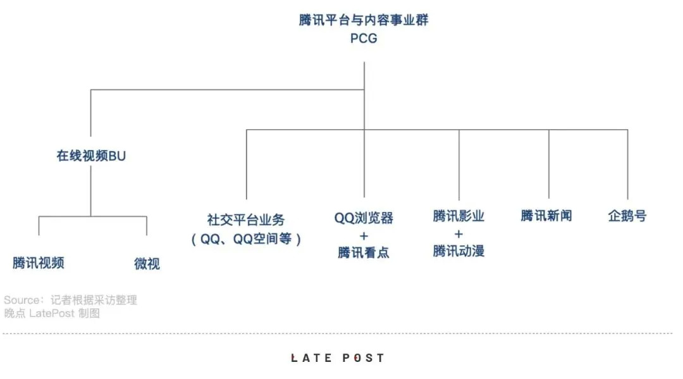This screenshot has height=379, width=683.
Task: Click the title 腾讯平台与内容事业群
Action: click(x=364, y=20)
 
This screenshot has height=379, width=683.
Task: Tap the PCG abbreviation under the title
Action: click(x=364, y=39)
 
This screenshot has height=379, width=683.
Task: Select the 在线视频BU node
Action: click(x=91, y=156)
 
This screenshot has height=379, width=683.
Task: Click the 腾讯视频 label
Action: click(x=39, y=263)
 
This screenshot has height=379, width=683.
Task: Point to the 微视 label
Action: click(x=147, y=264)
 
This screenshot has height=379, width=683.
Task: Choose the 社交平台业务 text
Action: click(x=246, y=220)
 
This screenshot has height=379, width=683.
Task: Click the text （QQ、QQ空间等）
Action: click(x=246, y=239)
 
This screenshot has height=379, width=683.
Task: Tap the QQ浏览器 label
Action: click(x=364, y=218)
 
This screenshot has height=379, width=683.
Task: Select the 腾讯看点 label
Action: click(x=364, y=252)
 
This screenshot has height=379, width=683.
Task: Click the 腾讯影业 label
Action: click(x=458, y=216)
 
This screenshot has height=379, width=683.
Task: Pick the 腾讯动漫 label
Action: click(x=458, y=251)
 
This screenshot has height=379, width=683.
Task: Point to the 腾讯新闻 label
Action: click(x=546, y=216)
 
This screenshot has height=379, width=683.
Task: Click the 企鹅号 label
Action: click(x=627, y=216)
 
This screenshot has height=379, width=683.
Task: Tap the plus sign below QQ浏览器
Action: click(x=364, y=236)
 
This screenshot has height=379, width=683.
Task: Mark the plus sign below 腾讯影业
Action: click(x=458, y=234)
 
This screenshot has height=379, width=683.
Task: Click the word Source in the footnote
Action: click(x=22, y=300)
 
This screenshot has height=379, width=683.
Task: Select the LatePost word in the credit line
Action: click(x=52, y=313)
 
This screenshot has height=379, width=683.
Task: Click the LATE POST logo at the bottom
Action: click(x=338, y=358)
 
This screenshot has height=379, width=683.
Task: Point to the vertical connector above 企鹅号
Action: click(x=628, y=165)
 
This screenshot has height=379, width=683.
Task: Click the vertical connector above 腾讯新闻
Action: click(x=549, y=165)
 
